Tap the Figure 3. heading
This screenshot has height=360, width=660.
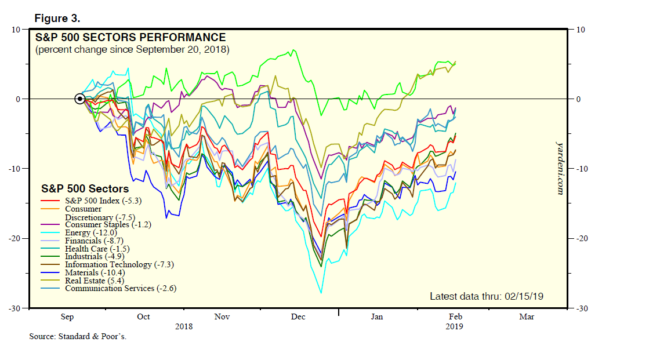click(x=57, y=19)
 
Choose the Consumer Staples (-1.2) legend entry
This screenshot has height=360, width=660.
click(x=108, y=224)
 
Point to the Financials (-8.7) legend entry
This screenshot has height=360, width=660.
click(x=94, y=241)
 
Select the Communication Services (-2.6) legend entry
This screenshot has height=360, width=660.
click(x=121, y=288)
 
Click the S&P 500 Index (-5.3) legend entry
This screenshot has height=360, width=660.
click(x=103, y=201)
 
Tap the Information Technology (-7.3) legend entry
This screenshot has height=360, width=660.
click(x=119, y=264)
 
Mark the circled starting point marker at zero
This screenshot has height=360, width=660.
click(x=80, y=99)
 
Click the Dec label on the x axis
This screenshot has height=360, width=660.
click(x=298, y=317)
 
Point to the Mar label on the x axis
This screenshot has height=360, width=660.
click(x=527, y=317)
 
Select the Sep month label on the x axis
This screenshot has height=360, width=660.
click(x=67, y=317)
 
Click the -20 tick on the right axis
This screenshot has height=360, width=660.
click(x=582, y=238)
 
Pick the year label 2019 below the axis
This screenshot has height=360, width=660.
click(x=454, y=326)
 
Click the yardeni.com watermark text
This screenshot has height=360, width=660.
click(x=560, y=168)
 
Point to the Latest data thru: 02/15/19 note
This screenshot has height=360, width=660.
click(x=486, y=296)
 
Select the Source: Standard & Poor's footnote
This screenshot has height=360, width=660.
click(x=78, y=337)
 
